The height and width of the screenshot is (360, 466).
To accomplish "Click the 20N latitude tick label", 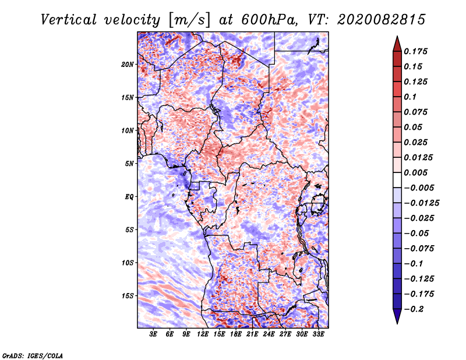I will (128, 64).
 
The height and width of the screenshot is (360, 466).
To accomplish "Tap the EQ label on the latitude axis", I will (129, 197).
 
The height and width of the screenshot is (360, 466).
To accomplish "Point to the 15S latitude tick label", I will (128, 296).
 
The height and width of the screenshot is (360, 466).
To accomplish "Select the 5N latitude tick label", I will (129, 164).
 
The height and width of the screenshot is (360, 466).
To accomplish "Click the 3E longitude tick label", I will (153, 335).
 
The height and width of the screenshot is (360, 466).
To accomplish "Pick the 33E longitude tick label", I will (318, 335).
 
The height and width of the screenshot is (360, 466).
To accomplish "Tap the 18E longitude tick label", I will (236, 335).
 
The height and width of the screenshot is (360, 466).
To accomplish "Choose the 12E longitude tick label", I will (203, 335).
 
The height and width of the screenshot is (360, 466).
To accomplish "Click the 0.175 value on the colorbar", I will (416, 51).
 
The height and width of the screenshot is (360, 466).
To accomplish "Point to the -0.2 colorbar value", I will (416, 309).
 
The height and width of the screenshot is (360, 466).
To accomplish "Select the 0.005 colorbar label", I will (416, 172).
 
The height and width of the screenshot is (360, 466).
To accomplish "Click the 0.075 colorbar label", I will (416, 112).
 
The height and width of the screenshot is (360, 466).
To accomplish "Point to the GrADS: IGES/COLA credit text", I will (33, 354).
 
